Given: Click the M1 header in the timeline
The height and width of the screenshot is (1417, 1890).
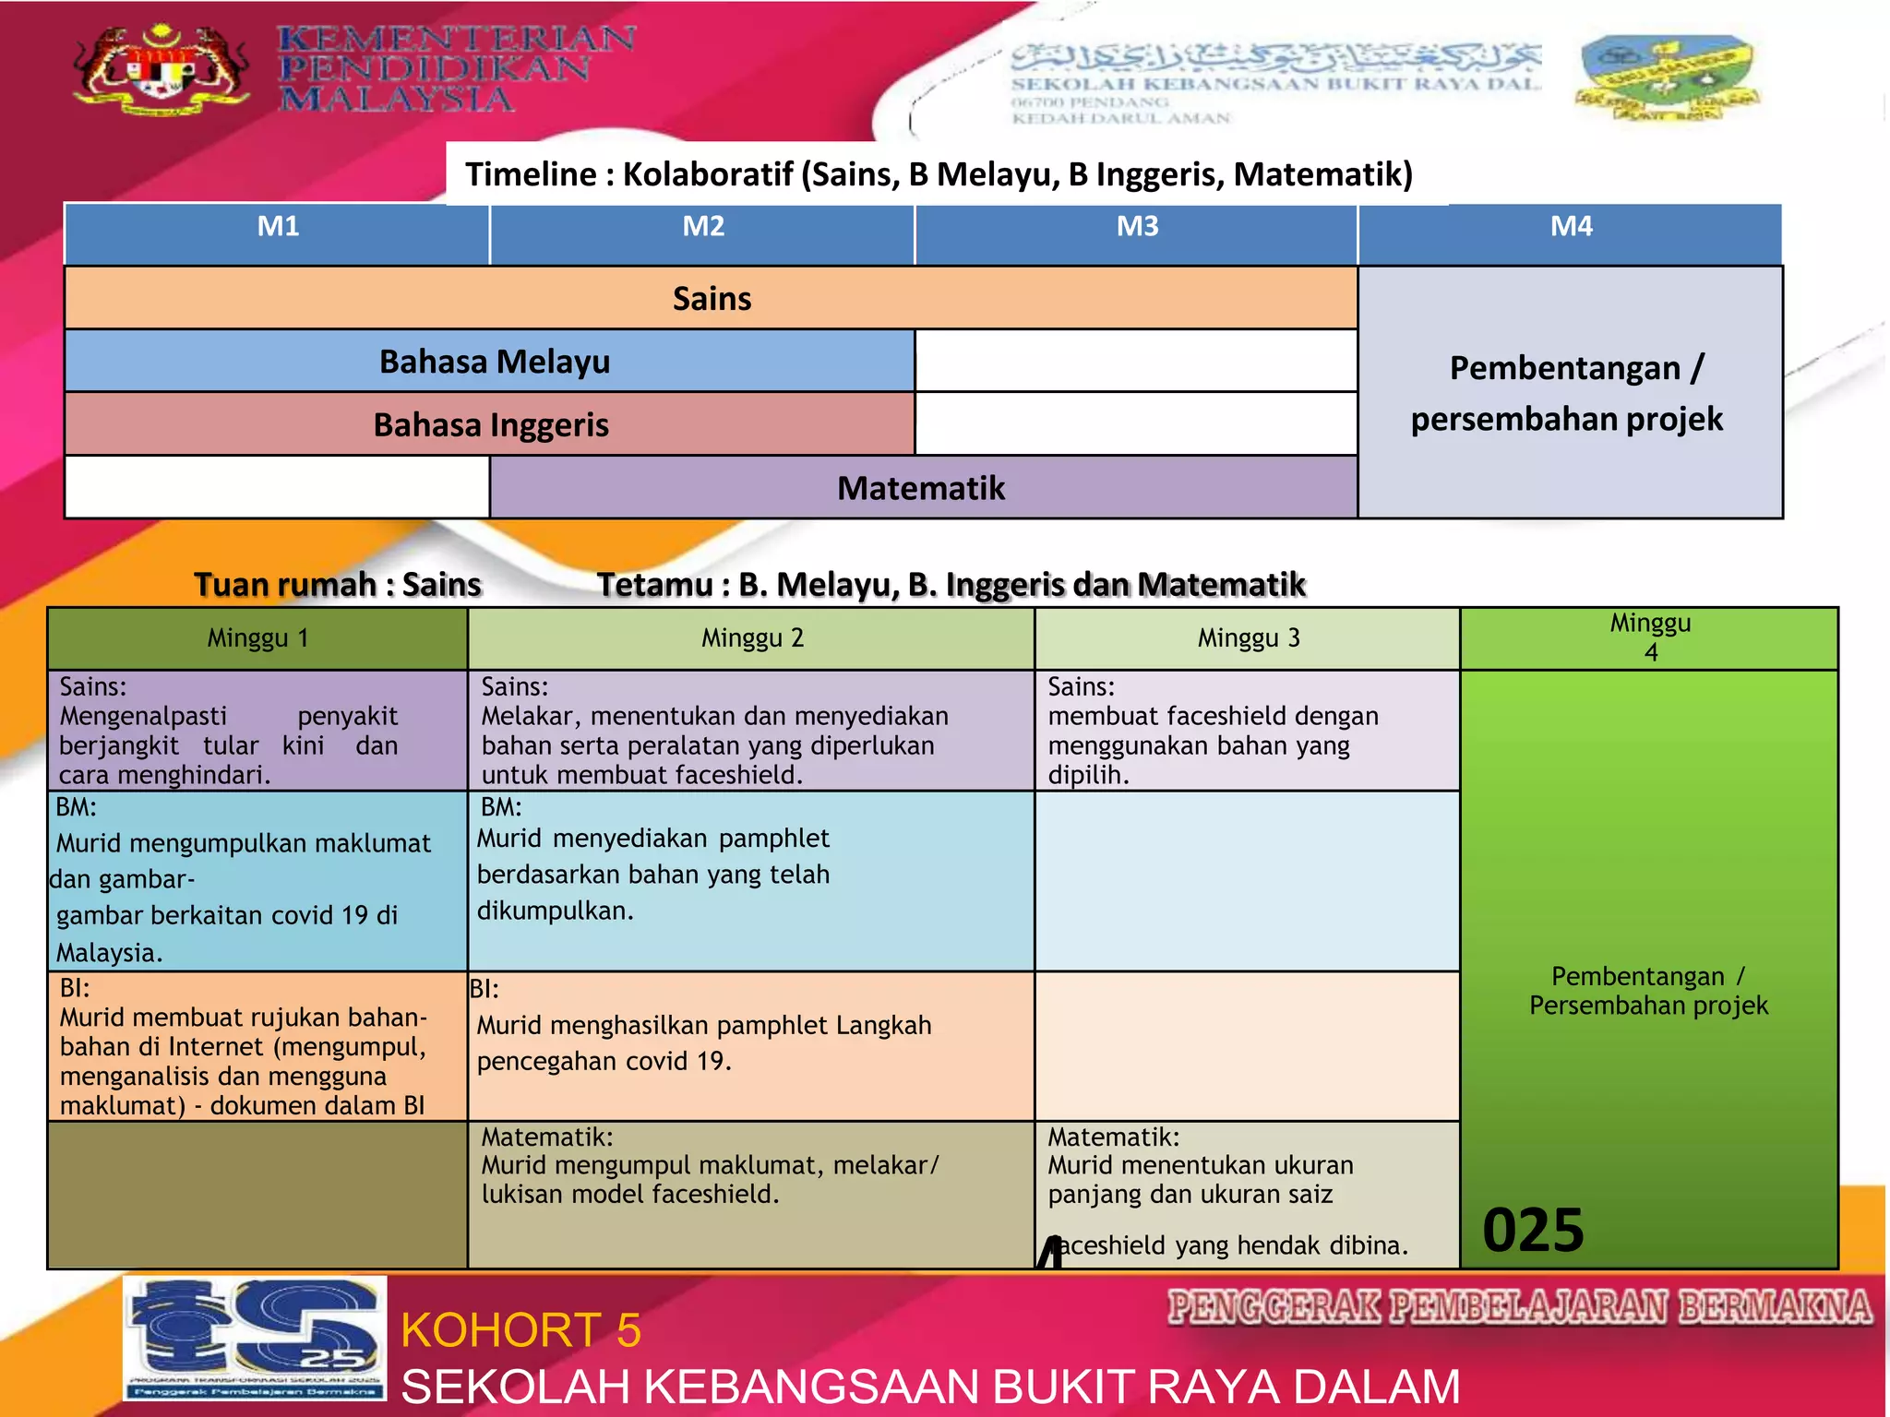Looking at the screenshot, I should click(x=277, y=228).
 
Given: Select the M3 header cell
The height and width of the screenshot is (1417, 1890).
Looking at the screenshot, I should click(x=1136, y=228).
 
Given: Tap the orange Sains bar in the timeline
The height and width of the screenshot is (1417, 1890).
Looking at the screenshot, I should click(x=711, y=299).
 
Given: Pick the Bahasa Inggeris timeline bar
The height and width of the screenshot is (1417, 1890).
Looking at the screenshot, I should click(x=490, y=425).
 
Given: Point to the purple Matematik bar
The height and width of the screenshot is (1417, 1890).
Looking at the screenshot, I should click(x=921, y=488).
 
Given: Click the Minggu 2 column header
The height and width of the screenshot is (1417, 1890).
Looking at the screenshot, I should click(x=751, y=638).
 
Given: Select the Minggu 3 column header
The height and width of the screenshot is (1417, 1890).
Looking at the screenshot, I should click(x=1248, y=638).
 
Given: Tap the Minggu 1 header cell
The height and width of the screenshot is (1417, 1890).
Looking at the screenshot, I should click(x=257, y=638).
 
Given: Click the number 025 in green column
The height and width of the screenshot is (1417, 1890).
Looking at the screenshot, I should click(x=1533, y=1231).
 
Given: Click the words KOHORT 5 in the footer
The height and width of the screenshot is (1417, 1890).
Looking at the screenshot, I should click(x=520, y=1330).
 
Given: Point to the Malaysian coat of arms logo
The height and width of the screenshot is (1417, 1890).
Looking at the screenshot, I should click(x=161, y=69).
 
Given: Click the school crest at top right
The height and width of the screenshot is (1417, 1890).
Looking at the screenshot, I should click(x=1666, y=78).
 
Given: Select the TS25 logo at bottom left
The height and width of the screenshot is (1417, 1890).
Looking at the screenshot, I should click(x=255, y=1338).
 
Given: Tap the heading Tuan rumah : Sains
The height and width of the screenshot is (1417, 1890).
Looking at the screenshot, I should click(x=337, y=585).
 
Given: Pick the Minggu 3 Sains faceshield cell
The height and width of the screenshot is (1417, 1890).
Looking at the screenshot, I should click(x=1246, y=731).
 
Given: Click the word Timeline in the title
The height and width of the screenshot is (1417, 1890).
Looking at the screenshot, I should click(x=531, y=174).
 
